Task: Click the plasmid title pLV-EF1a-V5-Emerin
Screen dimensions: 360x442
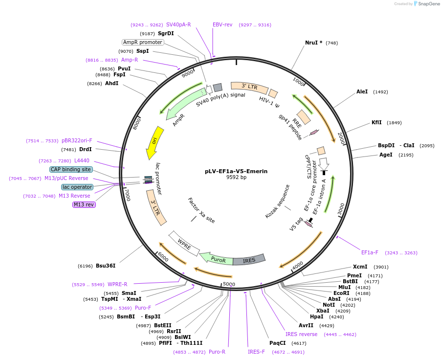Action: (x=236, y=171)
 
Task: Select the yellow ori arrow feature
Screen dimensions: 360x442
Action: (x=155, y=142)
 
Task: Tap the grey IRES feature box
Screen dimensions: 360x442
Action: (x=249, y=260)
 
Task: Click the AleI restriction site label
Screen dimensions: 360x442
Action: (x=362, y=91)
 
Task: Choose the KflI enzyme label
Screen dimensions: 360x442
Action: (x=376, y=123)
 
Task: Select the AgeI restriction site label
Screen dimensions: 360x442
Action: (x=386, y=155)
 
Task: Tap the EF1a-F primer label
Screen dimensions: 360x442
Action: (x=370, y=252)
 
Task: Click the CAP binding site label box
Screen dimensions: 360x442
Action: (x=71, y=169)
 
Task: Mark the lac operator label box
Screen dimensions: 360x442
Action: (x=77, y=187)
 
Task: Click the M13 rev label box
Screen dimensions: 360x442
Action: (x=84, y=204)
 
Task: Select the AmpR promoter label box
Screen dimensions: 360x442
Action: (x=142, y=42)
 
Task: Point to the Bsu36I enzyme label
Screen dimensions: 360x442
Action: (x=105, y=266)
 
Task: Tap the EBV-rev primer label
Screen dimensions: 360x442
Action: (x=222, y=24)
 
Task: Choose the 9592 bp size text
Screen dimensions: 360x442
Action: (x=236, y=178)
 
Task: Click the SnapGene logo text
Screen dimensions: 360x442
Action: (x=428, y=4)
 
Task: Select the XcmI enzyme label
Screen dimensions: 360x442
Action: (x=360, y=267)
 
